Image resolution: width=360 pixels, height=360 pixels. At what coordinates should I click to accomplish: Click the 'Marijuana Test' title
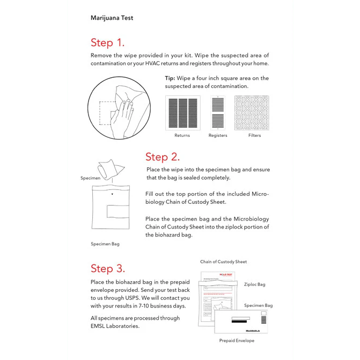(112, 18)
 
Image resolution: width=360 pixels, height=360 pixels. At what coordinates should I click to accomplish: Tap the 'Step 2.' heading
(162, 157)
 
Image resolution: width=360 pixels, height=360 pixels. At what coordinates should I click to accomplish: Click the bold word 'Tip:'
(170, 78)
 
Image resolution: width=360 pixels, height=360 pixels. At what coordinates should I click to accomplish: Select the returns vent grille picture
(182, 113)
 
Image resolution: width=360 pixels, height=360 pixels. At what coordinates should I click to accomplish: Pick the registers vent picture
(218, 113)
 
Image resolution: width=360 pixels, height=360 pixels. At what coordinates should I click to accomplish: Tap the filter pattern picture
(254, 113)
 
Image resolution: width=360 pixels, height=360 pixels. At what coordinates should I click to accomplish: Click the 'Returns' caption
(182, 136)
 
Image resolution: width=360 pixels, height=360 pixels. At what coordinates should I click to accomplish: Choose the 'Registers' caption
(218, 136)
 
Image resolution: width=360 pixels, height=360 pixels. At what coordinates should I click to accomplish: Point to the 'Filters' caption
(254, 136)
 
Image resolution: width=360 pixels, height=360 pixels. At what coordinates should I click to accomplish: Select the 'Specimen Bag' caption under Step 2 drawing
(105, 244)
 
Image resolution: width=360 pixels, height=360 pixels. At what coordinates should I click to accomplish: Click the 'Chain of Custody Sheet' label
(223, 262)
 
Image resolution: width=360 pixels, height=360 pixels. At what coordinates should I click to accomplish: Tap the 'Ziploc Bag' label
(254, 285)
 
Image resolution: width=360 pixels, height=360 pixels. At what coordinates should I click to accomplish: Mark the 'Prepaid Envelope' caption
(237, 341)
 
